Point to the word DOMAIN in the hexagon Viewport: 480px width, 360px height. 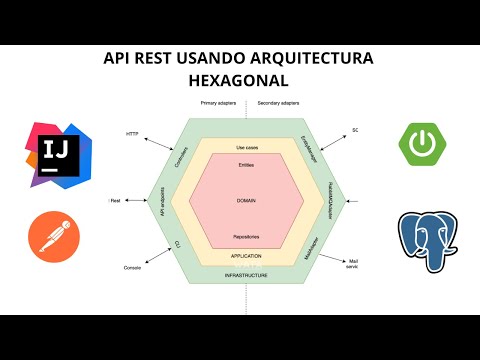239,200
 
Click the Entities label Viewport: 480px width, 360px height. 239,164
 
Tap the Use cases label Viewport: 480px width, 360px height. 239,147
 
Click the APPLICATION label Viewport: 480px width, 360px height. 239,256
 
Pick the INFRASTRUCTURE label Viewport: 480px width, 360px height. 239,275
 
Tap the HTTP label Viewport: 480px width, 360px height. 132,133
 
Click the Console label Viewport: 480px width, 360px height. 131,269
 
